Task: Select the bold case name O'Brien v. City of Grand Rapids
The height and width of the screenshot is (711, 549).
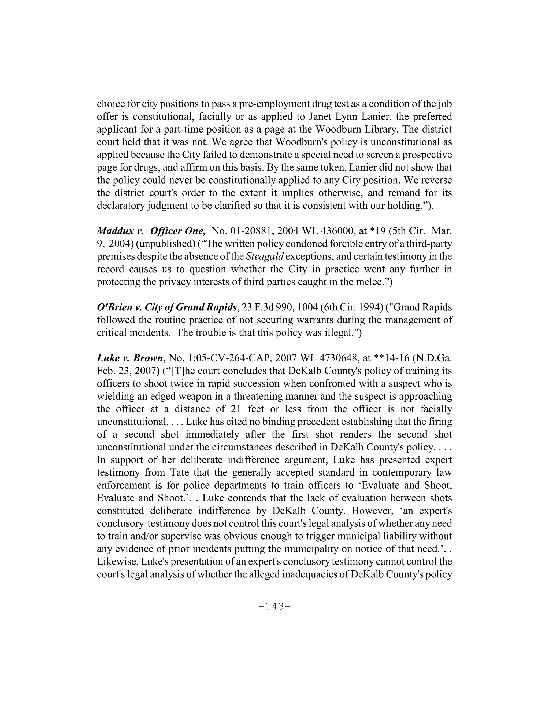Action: pos(167,307)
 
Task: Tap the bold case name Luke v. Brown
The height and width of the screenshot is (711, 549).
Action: pos(130,358)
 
